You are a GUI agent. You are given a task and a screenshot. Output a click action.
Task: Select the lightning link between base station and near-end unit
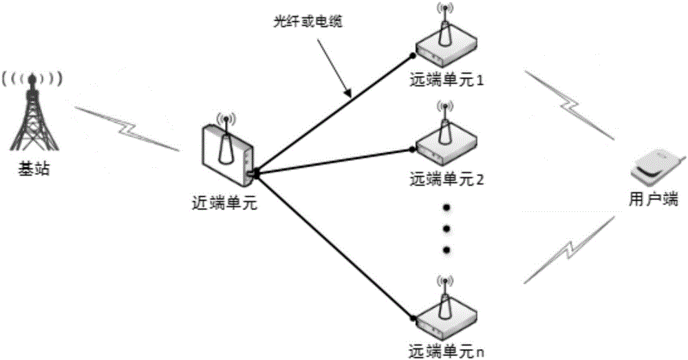click(x=127, y=127)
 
